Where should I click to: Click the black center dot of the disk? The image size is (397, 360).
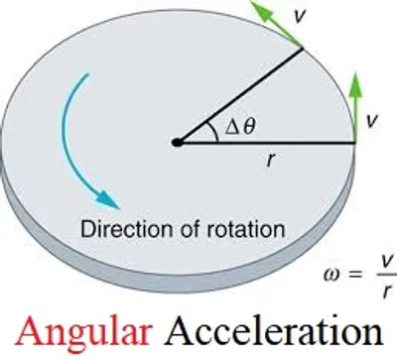tap(177, 142)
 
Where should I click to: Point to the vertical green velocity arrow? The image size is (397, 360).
tap(355, 105)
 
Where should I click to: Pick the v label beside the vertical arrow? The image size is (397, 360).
tap(371, 120)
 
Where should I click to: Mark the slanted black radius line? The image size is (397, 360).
tap(238, 95)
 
